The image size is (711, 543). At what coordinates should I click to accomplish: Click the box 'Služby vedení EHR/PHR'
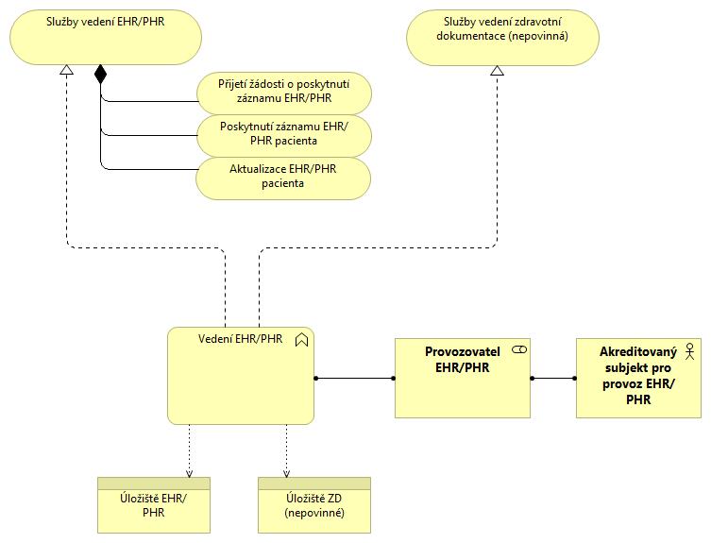tap(106, 37)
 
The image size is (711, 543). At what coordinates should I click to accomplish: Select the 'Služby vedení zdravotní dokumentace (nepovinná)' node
tap(502, 37)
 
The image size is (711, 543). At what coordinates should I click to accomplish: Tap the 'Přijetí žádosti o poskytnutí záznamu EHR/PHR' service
tap(284, 93)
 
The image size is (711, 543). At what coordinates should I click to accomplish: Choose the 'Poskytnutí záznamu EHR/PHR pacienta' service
tap(284, 136)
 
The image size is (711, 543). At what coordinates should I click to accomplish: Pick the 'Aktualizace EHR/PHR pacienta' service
tap(283, 178)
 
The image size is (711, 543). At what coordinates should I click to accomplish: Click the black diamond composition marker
tap(100, 75)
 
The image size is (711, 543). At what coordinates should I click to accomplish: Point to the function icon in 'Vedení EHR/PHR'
tap(301, 340)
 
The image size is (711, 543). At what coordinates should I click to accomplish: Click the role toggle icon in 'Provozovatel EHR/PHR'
tap(519, 349)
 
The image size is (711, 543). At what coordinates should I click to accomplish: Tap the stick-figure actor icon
tap(689, 351)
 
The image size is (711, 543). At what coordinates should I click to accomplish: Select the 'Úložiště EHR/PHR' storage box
tap(154, 505)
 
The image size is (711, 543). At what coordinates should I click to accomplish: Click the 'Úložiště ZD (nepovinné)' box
tap(314, 505)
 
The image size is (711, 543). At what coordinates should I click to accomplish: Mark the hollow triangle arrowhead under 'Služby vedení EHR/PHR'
tap(67, 69)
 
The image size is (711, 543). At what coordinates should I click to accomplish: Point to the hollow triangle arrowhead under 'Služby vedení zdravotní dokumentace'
tap(498, 70)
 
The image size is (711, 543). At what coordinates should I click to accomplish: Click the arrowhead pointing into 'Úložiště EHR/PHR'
tap(190, 474)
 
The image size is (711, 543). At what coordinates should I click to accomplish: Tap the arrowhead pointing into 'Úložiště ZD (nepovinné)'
tap(287, 474)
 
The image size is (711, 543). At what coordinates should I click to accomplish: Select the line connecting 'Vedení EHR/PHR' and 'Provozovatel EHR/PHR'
tap(355, 379)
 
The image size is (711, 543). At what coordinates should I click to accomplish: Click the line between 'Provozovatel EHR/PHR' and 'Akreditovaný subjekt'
tap(553, 379)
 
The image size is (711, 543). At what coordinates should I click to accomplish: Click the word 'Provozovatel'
tap(463, 351)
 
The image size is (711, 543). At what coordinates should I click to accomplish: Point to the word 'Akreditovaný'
tap(638, 352)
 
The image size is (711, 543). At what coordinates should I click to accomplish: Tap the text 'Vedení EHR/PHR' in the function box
tap(241, 339)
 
